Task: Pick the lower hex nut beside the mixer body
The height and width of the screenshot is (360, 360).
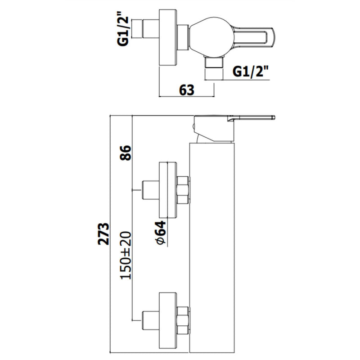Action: [x=183, y=318]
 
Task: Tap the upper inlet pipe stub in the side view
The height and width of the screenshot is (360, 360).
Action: [x=149, y=189]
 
